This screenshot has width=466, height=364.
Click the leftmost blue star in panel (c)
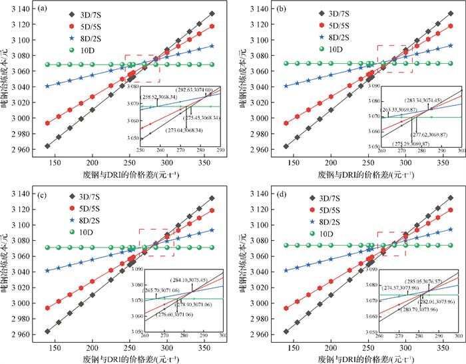[x=47, y=271]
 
